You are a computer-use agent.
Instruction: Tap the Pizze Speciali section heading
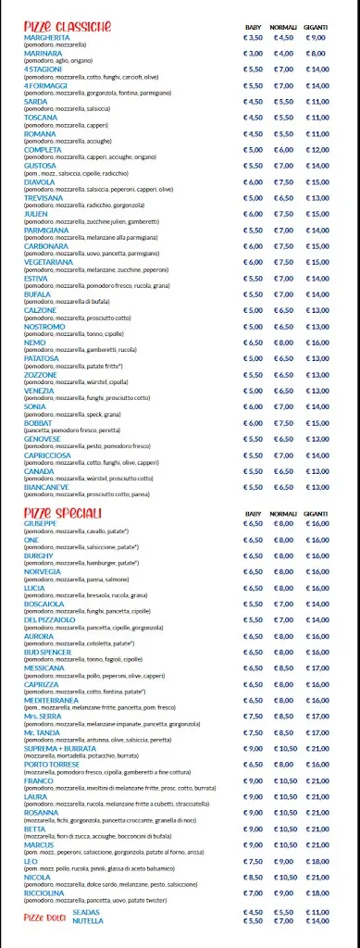tap(63, 513)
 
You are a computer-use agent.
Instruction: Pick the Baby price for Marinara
tap(253, 54)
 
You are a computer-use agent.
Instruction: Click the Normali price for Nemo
tap(283, 343)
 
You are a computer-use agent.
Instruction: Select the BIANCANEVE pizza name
tap(47, 487)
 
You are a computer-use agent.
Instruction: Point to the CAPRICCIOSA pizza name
tap(49, 455)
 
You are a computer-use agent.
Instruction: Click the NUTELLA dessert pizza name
tap(87, 920)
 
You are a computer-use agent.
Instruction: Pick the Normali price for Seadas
tap(283, 912)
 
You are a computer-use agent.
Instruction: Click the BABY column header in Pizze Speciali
tap(253, 513)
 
